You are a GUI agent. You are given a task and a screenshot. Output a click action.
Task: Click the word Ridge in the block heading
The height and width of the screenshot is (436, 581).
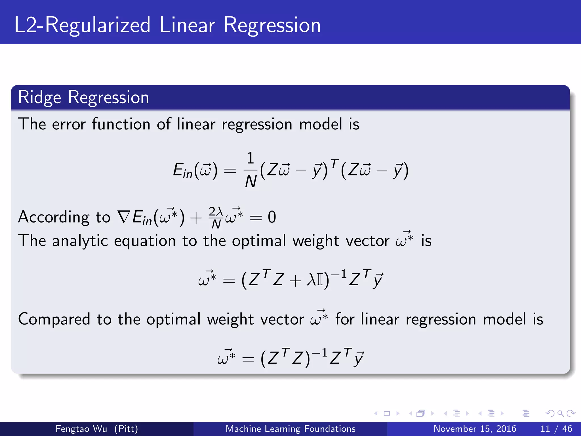pos(39,97)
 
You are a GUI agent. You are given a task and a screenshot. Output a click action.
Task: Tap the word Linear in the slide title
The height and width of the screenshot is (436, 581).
pos(187,25)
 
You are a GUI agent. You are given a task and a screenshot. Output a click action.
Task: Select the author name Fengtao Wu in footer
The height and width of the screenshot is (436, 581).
pos(81,429)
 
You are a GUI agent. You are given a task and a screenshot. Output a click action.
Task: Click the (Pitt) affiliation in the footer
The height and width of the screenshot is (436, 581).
pos(126,429)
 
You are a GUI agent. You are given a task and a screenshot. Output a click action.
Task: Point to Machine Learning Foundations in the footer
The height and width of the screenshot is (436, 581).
pos(290,429)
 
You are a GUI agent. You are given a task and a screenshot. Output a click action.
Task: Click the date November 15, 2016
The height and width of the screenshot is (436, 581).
pos(475,429)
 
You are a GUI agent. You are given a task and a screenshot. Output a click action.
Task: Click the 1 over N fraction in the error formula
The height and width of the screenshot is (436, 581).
pos(250,170)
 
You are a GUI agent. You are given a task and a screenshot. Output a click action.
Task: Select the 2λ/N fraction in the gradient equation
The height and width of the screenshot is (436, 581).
pos(216,218)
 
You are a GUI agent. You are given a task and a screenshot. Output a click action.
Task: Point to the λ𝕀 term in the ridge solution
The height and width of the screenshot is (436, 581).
pos(315,280)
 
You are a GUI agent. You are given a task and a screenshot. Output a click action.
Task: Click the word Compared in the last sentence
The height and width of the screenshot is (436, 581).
pos(54,319)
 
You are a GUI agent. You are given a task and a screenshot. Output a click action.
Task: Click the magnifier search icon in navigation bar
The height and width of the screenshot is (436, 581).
pos(560,413)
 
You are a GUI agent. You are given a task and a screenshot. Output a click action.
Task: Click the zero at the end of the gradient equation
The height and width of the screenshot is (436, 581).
pos(272,217)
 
